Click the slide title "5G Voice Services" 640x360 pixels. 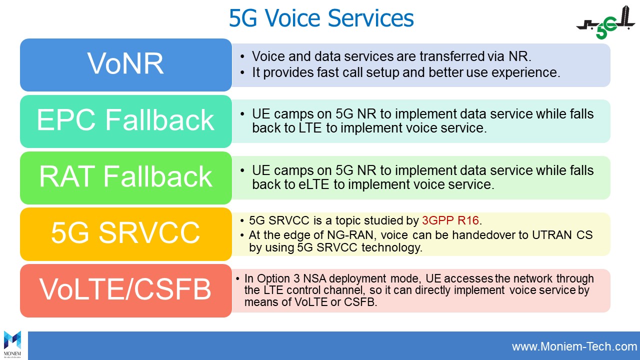point(321,18)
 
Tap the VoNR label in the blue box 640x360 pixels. point(125,63)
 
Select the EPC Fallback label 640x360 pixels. point(125,120)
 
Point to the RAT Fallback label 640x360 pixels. point(125,176)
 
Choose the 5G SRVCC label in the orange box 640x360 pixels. point(125,233)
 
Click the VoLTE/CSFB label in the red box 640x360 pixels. point(125,289)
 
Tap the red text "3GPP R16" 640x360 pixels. point(450,220)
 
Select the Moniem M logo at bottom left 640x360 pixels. point(12,343)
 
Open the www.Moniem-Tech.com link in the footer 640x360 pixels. point(574,346)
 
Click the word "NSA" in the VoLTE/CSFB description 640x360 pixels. point(315,278)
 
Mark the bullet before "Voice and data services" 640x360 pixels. point(242,56)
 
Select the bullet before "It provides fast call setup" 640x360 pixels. point(242,72)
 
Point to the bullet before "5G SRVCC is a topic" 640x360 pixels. point(242,221)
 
